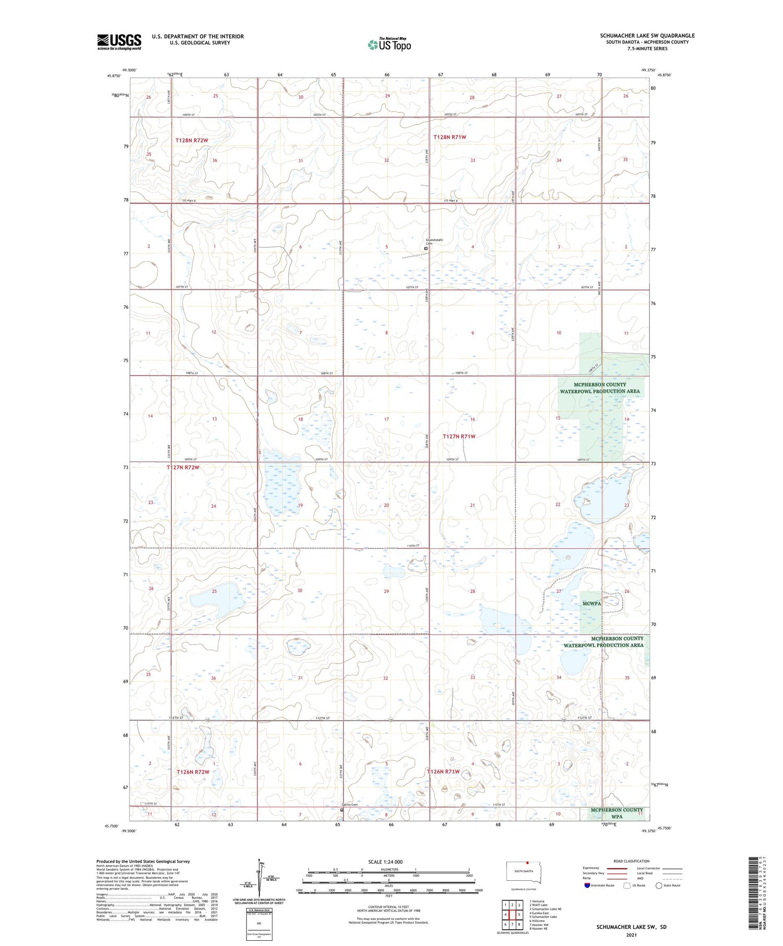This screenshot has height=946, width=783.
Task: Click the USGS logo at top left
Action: (119, 42)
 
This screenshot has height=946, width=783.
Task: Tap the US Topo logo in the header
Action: (389, 44)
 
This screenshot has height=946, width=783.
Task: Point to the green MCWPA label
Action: (591, 603)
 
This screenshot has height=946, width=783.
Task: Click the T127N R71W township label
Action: (459, 436)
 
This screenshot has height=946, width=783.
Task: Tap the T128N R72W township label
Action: (192, 140)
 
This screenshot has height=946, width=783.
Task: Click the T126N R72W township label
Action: (193, 772)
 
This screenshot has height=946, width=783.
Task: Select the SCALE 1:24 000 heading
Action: (385, 862)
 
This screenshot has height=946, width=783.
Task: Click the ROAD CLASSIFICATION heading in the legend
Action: (632, 861)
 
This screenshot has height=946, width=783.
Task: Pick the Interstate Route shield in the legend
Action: (587, 885)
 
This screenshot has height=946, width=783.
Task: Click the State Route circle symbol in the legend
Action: (659, 885)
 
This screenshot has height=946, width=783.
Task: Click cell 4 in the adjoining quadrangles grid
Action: (505, 914)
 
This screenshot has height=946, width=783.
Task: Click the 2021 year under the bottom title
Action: (631, 935)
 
